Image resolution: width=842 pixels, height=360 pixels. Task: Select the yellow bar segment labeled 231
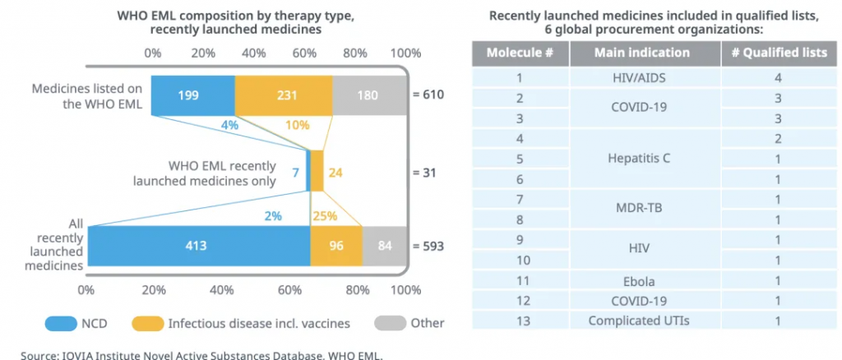tap(284, 95)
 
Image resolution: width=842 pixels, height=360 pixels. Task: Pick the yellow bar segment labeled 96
tap(335, 246)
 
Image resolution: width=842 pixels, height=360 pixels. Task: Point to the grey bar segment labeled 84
tap(385, 246)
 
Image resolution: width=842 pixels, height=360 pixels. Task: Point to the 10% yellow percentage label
tap(297, 126)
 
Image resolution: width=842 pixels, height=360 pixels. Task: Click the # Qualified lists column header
tap(778, 53)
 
